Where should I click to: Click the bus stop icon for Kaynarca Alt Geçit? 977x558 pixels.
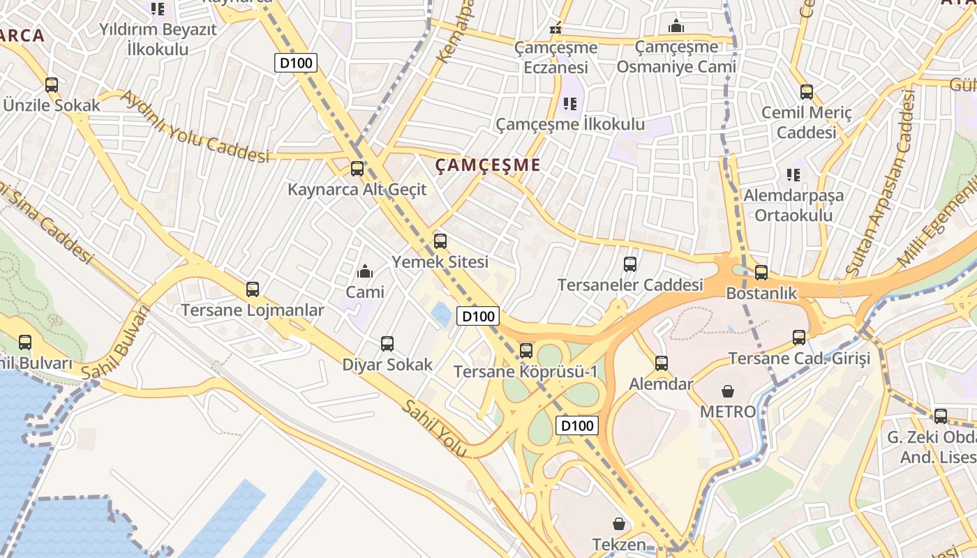click(x=357, y=168)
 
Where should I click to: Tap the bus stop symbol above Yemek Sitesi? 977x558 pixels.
click(x=440, y=241)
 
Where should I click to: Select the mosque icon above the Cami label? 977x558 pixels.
click(x=364, y=271)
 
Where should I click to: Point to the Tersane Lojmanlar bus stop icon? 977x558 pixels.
click(x=253, y=289)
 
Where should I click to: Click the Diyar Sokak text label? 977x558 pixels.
click(x=387, y=365)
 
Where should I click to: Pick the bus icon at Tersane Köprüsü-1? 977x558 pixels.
click(x=526, y=350)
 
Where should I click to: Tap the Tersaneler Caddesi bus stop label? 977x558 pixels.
click(x=630, y=285)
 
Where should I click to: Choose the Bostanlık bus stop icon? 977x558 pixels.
click(x=761, y=272)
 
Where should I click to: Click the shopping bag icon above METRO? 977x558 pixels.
click(x=728, y=391)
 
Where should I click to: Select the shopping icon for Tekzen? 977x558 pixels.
click(x=618, y=523)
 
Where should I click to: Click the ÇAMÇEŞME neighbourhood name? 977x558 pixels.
click(x=488, y=165)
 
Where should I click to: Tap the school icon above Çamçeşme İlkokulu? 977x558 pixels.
click(x=570, y=104)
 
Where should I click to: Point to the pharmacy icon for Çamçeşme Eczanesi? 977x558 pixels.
click(x=556, y=28)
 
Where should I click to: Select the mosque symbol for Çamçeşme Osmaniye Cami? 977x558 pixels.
click(x=676, y=27)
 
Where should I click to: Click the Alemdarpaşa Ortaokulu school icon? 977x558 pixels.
click(x=793, y=174)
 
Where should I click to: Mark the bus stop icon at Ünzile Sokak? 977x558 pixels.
click(x=52, y=85)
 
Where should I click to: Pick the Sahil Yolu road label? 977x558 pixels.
click(x=433, y=428)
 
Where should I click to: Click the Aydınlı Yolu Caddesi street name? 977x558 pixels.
click(x=195, y=126)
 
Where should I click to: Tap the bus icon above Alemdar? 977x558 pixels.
click(x=661, y=363)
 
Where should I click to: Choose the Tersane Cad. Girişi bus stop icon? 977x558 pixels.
click(x=799, y=338)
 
